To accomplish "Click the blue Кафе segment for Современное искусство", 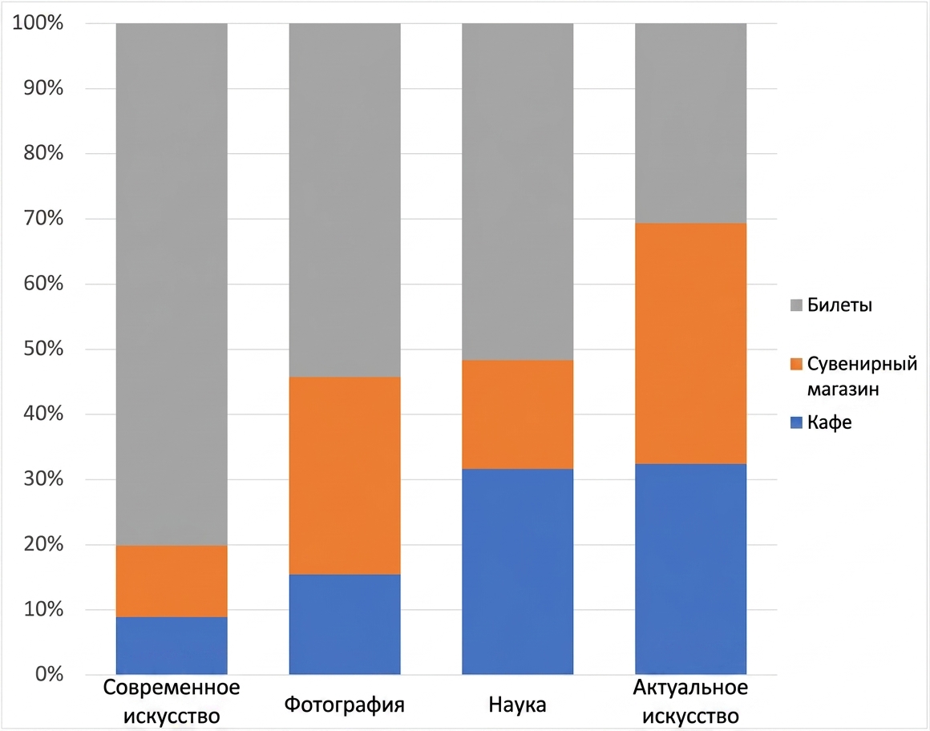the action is (172, 645).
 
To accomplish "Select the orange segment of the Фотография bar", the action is (345, 475).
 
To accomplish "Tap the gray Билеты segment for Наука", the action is (518, 192).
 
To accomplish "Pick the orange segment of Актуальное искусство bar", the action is (690, 343).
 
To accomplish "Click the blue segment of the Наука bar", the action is (518, 571).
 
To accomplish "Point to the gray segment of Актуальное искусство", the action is (690, 123).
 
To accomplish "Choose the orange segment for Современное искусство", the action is (172, 581).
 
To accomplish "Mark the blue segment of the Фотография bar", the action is (345, 624).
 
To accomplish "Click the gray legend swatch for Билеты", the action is (797, 305).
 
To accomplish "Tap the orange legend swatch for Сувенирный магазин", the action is (797, 364).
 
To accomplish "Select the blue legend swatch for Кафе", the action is (797, 422).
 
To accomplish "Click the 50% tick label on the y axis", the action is (43, 348).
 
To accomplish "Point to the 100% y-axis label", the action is (38, 22).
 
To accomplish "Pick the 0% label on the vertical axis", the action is (49, 674).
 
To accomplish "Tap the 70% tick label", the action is (43, 217).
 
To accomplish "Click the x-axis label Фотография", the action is (345, 705).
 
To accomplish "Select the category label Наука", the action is (518, 705).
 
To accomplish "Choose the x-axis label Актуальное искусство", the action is (690, 702).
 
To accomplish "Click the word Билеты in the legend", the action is (840, 305).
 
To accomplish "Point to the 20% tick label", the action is (43, 543).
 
